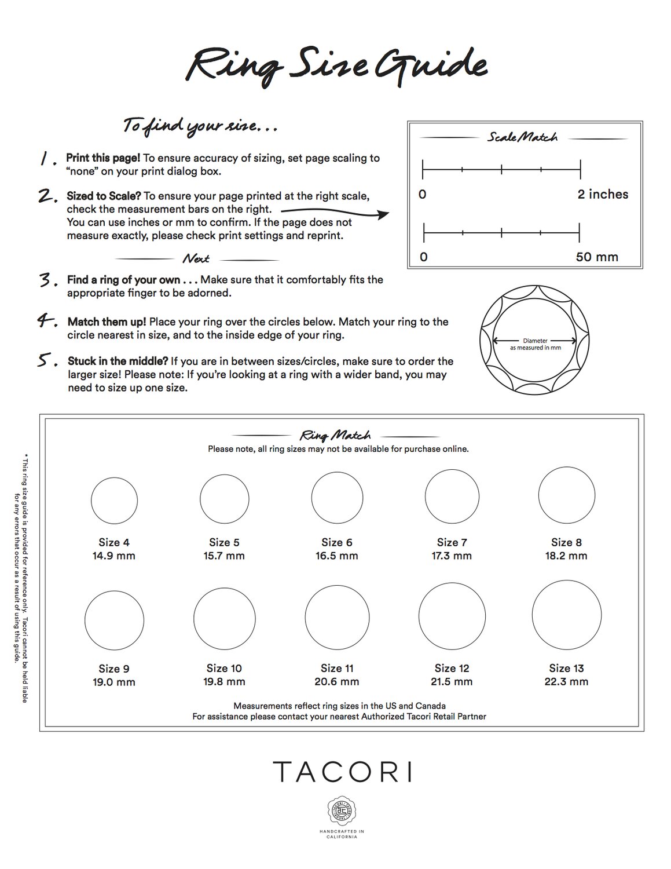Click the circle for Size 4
click(114, 501)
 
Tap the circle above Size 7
click(452, 496)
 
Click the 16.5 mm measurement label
click(336, 556)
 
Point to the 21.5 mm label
click(451, 682)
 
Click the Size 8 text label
click(566, 542)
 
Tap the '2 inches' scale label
click(603, 195)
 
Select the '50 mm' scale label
click(597, 257)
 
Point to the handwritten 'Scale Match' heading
click(522, 138)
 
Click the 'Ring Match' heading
click(335, 435)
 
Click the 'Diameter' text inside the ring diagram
click(535, 341)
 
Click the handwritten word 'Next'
click(196, 258)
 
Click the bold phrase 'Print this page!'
click(102, 158)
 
